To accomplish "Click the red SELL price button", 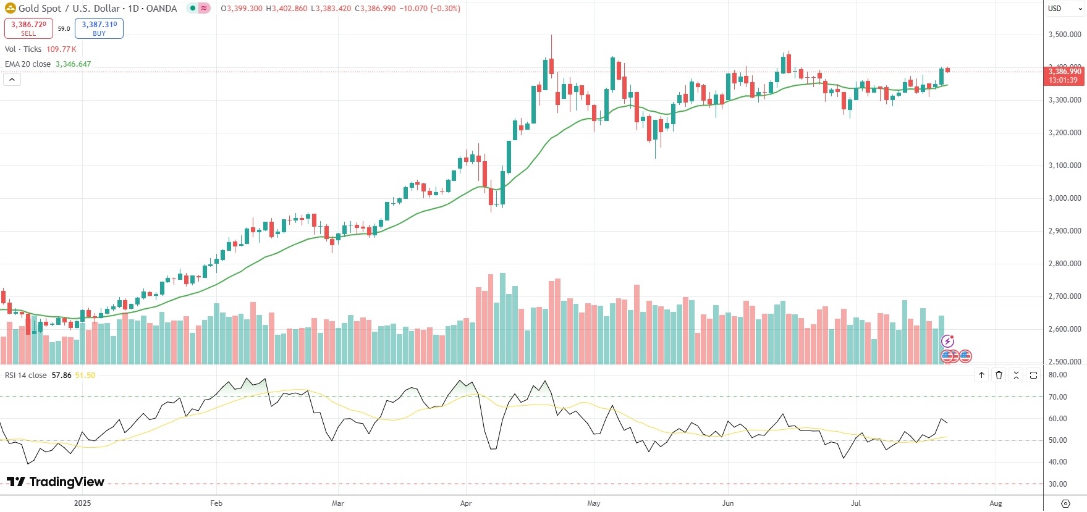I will coord(28,28).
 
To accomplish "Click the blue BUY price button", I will coord(99,28).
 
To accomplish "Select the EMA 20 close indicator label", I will coord(28,64).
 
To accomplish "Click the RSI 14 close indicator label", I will coord(25,376).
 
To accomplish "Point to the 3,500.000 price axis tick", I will coord(1065,35).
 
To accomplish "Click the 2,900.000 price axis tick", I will coord(1065,231).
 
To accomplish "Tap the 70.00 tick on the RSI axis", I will coord(1058,397).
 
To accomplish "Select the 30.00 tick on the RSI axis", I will coord(1058,484).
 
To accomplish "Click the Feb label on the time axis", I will coord(216,503).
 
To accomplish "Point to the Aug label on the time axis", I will coord(996,503).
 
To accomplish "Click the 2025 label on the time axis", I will coord(82,503).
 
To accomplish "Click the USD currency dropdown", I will coord(1065,9).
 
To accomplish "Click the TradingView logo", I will coord(56,482).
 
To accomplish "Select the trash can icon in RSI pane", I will coord(999,375).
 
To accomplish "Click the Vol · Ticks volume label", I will coord(23,49).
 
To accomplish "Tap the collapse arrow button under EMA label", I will coord(12,80).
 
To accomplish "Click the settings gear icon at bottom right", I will coord(1065,503).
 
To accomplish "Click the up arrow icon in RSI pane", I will coord(981,375).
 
